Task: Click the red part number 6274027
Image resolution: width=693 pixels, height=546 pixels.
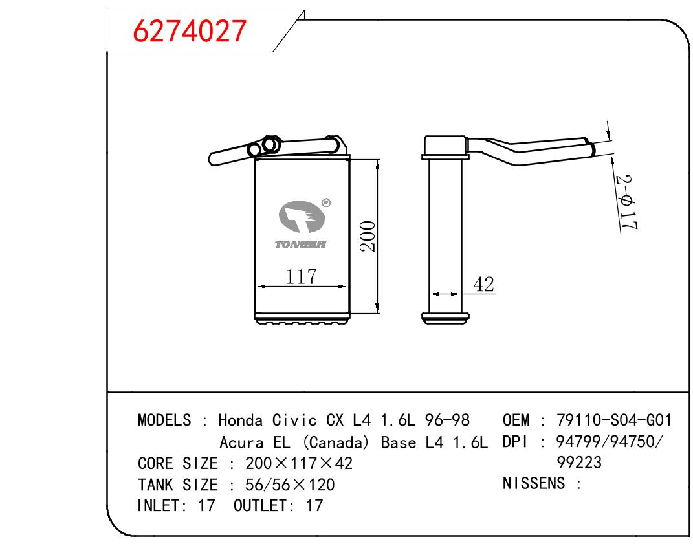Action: coord(189,31)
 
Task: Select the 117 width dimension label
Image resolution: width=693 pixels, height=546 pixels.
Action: coord(301,276)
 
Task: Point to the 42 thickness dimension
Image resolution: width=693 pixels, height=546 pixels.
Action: coord(483,285)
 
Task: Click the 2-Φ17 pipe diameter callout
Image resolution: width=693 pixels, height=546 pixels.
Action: coord(628,202)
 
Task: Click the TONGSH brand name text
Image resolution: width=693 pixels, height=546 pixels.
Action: coord(300,245)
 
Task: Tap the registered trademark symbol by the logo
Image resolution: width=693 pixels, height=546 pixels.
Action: coord(326,202)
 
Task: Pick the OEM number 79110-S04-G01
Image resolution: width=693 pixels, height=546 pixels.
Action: coord(614,420)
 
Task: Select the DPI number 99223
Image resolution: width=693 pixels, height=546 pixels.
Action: coord(579,463)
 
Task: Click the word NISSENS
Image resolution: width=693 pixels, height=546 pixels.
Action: coord(533,483)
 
